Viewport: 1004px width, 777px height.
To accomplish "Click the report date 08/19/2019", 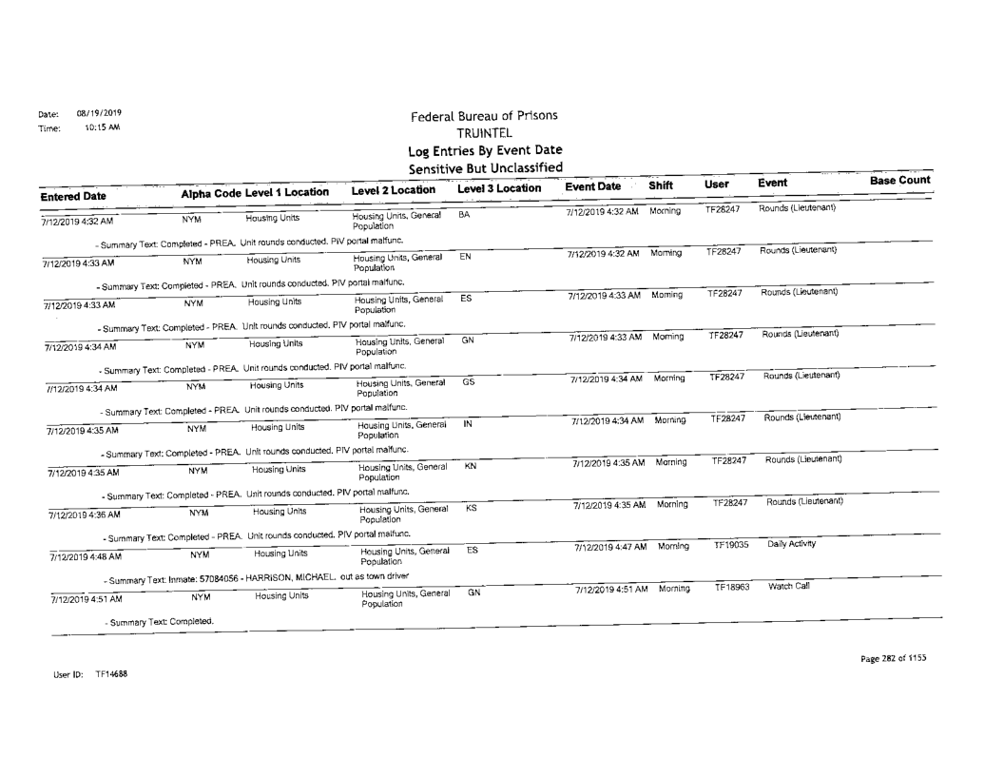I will point(92,112).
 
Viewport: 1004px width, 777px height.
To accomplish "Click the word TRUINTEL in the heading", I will point(485,133).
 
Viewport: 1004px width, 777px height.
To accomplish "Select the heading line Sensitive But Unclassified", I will point(484,166).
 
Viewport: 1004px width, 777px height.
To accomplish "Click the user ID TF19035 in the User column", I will point(731,545).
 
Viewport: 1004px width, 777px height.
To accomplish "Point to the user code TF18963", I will point(731,589).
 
